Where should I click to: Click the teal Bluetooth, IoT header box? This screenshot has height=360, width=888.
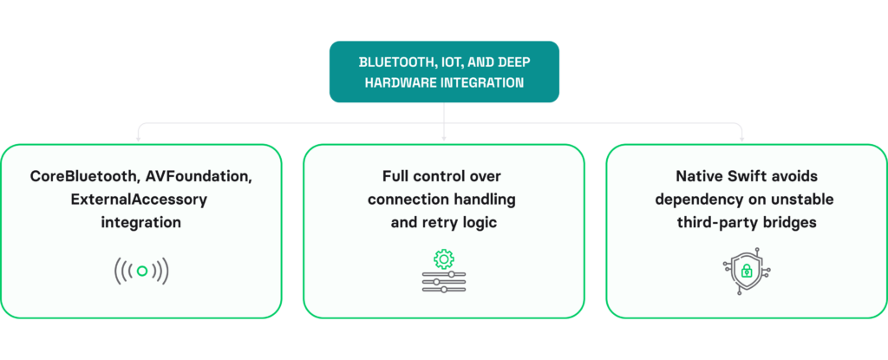click(444, 71)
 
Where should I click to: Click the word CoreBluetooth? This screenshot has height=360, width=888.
click(82, 176)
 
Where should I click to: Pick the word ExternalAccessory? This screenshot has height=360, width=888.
click(139, 200)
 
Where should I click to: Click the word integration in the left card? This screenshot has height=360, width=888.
click(141, 222)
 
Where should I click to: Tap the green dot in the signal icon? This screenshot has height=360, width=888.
click(141, 271)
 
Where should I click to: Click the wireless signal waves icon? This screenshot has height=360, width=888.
click(141, 271)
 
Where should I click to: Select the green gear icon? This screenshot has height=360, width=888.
click(444, 259)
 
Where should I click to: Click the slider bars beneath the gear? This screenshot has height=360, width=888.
click(444, 282)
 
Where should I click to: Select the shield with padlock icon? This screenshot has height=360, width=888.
click(747, 272)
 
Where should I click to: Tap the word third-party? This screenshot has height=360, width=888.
click(715, 223)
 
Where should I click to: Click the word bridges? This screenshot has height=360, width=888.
click(787, 223)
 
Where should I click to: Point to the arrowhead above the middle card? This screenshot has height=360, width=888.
click(444, 138)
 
